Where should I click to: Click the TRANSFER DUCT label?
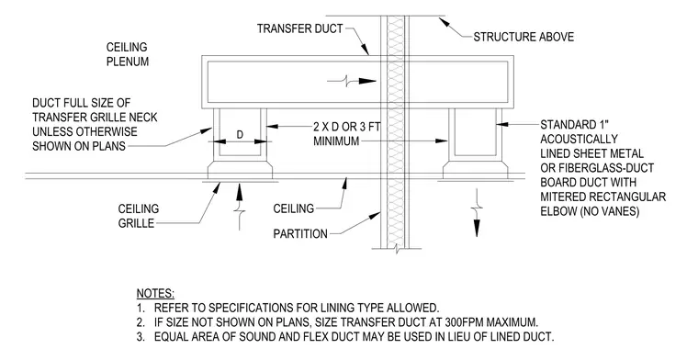point(299,28)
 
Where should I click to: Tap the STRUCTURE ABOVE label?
point(523,37)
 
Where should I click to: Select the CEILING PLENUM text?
point(128,54)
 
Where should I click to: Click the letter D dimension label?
point(240,134)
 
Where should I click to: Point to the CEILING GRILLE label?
point(139,216)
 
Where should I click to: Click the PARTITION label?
point(300,233)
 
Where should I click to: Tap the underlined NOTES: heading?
point(155,294)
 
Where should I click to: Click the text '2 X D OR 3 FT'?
point(347,127)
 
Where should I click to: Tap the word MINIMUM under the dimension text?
point(336,141)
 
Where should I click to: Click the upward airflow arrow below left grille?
point(240,206)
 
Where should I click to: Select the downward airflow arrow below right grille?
point(477,213)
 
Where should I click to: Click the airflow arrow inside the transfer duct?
point(352,81)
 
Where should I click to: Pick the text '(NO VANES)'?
point(610,211)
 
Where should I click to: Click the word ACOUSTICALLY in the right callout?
point(580,139)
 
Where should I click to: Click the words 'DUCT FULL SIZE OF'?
point(82,103)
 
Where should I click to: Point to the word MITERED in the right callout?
point(562,197)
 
